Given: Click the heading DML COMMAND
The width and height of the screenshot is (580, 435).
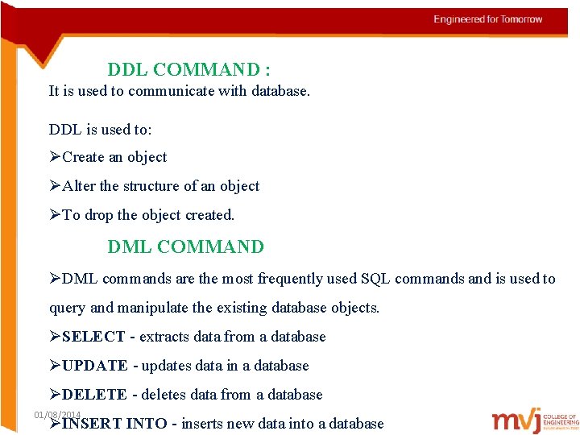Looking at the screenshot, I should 185,247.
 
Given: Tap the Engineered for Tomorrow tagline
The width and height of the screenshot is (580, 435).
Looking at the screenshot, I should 488,19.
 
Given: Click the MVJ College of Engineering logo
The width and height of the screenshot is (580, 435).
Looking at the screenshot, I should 535,420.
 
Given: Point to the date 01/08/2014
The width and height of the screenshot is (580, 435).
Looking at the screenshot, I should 57,414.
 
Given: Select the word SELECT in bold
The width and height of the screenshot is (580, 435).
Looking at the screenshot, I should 93,337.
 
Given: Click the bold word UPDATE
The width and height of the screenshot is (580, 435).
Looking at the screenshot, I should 94,366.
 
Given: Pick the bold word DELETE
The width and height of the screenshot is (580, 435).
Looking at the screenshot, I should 94,395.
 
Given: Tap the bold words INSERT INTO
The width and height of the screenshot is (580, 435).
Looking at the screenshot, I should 114,424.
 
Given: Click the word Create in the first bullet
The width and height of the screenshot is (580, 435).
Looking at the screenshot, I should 83,157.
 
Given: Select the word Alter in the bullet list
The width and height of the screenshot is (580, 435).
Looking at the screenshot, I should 79,186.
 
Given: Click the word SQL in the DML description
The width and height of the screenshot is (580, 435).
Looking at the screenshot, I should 375,279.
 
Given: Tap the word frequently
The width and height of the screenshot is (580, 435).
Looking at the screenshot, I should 289,279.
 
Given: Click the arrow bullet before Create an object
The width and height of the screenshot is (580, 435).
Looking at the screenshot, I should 55,157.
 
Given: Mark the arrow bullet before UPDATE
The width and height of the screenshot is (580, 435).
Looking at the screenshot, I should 55,366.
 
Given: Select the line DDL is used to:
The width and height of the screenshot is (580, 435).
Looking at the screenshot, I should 100,129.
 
